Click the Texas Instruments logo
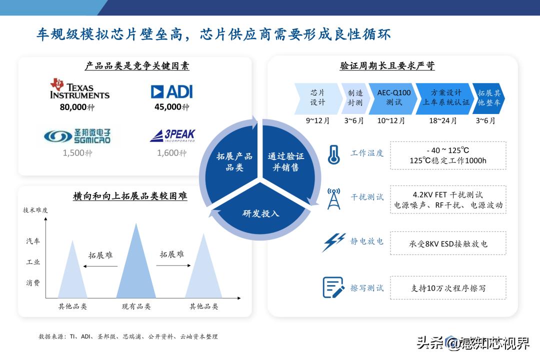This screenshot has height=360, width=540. [79, 88]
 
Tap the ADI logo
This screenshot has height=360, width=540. [171, 91]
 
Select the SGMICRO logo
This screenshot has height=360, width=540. [77, 135]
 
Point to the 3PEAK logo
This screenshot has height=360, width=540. [172, 135]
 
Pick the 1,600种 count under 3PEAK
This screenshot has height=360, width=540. [171, 153]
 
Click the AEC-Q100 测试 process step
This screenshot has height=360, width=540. [393, 97]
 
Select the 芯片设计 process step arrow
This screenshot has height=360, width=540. [317, 97]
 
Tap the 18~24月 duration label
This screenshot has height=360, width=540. [442, 121]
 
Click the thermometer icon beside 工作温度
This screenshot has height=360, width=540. [333, 154]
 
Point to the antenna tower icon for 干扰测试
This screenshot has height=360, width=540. [333, 198]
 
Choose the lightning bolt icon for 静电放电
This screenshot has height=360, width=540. [333, 242]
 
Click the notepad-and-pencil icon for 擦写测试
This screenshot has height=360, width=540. [333, 287]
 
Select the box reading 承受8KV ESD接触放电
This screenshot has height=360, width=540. [447, 243]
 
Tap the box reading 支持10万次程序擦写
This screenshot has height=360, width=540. [447, 288]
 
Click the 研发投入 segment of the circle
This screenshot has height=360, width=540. [260, 213]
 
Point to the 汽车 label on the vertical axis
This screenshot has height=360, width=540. [33, 241]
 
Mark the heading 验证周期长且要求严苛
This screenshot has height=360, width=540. [387, 66]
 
